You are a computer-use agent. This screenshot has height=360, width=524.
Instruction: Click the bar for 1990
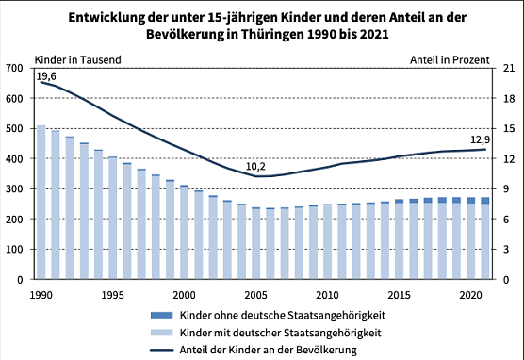coord(41,203)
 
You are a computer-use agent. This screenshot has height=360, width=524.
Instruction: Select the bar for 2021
coord(485,239)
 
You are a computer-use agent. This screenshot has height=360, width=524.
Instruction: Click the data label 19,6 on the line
coord(46,75)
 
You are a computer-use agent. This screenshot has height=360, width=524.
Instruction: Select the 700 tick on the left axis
coord(15,68)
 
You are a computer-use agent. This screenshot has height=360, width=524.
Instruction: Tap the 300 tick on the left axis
coord(15,189)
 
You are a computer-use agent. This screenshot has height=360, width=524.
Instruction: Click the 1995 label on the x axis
coord(112,294)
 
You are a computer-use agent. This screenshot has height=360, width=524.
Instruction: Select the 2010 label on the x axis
coord(328,294)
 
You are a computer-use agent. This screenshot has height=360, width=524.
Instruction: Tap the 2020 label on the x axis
coord(471,294)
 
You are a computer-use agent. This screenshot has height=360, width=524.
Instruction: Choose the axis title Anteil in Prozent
coord(450,57)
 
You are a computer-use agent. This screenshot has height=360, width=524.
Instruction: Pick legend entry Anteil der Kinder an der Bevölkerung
coord(267,351)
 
